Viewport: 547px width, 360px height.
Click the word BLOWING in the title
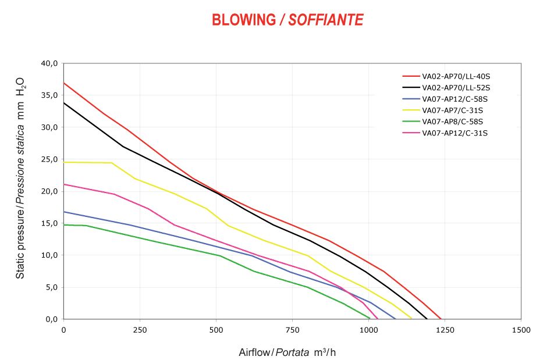[x=244, y=20]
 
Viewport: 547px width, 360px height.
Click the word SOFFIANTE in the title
[x=326, y=20]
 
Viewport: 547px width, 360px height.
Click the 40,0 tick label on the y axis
[x=49, y=63]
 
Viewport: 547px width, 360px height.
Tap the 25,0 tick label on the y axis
[x=49, y=159]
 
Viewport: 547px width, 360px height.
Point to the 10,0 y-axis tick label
[x=49, y=255]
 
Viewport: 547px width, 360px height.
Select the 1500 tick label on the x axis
[x=521, y=330]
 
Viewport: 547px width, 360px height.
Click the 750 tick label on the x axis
[x=292, y=330]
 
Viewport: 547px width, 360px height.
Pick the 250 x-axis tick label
[x=140, y=330]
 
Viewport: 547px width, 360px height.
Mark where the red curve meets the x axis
[x=441, y=319]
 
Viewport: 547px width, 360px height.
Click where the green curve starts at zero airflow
[x=64, y=224]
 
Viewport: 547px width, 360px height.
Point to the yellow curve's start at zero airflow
[x=64, y=162]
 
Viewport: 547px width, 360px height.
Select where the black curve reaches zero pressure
[x=427, y=319]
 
